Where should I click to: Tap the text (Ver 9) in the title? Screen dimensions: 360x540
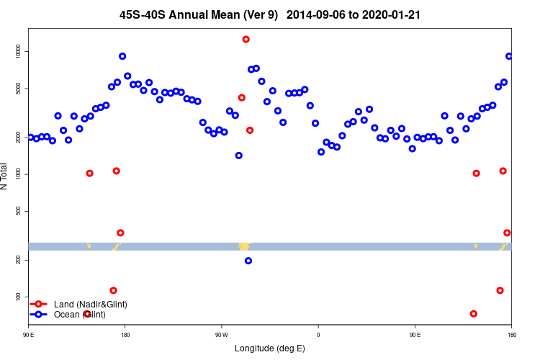pyautogui.click(x=262, y=14)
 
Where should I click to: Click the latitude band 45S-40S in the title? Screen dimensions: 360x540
pyautogui.click(x=147, y=14)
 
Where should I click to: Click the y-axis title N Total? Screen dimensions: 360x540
pyautogui.click(x=4, y=176)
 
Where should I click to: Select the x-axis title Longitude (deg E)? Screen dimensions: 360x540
pyautogui.click(x=270, y=348)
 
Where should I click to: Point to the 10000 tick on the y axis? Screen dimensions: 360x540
pyautogui.click(x=18, y=51)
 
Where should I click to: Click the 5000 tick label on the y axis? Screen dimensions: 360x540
pyautogui.click(x=18, y=88)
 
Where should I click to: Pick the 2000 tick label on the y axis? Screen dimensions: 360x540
pyautogui.click(x=18, y=137)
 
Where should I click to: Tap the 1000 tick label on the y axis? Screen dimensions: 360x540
pyautogui.click(x=18, y=174)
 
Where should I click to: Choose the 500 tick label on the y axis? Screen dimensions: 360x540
pyautogui.click(x=18, y=211)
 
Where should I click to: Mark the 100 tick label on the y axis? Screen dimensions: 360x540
pyautogui.click(x=18, y=297)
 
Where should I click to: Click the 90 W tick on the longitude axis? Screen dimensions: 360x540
pyautogui.click(x=221, y=335)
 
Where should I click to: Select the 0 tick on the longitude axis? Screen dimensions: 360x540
pyautogui.click(x=318, y=335)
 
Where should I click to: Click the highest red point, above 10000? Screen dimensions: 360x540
pyautogui.click(x=246, y=40)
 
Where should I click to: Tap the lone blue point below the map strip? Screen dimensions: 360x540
pyautogui.click(x=248, y=261)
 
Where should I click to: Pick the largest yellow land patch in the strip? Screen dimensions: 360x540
pyautogui.click(x=244, y=247)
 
